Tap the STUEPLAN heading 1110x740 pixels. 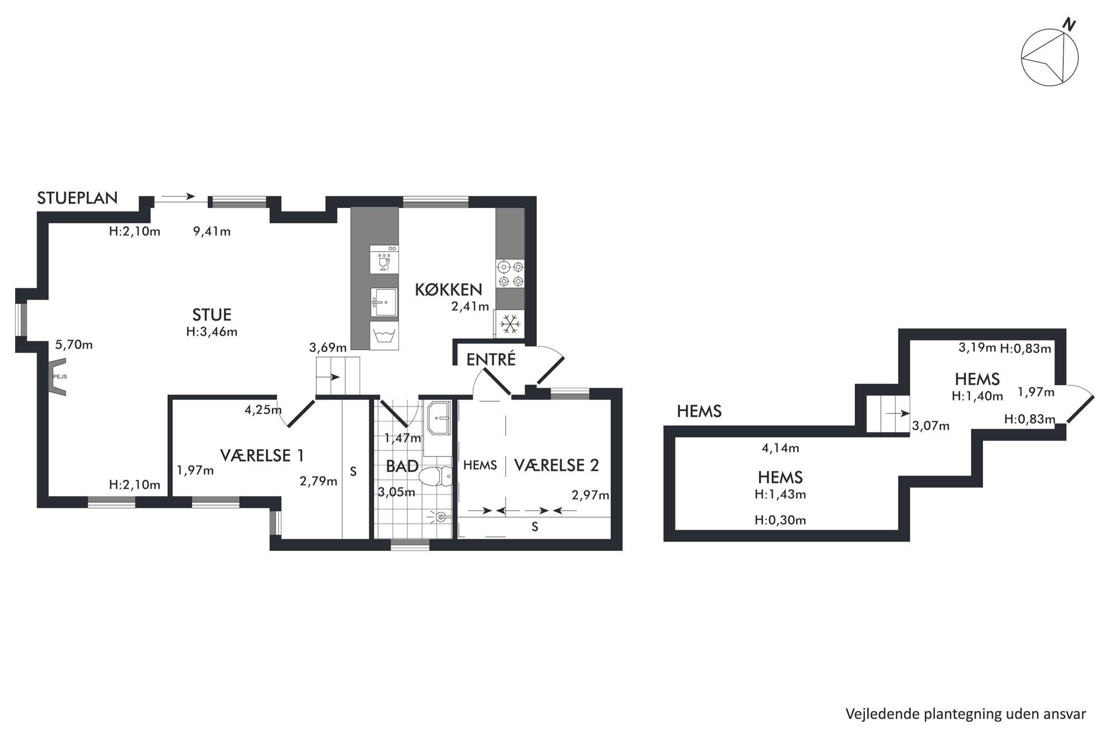click(x=77, y=198)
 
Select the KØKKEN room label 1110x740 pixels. click(x=448, y=289)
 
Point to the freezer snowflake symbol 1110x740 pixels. click(x=510, y=324)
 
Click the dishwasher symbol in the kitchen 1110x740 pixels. click(x=384, y=259)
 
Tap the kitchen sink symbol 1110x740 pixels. click(x=384, y=302)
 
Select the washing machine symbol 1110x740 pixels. click(x=384, y=336)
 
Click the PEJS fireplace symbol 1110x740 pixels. click(x=58, y=377)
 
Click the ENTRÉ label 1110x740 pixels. click(x=491, y=360)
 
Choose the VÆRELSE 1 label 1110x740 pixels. click(x=262, y=455)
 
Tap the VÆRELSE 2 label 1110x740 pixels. click(x=556, y=465)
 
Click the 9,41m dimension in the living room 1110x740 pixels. click(x=211, y=232)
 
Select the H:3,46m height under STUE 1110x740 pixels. click(x=211, y=332)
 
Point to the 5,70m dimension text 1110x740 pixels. click(x=74, y=345)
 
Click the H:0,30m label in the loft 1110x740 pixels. click(x=780, y=520)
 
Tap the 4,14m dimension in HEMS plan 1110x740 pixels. click(x=780, y=448)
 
